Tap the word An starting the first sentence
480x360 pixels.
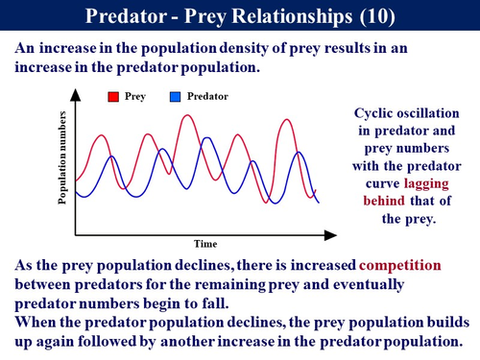24,48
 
